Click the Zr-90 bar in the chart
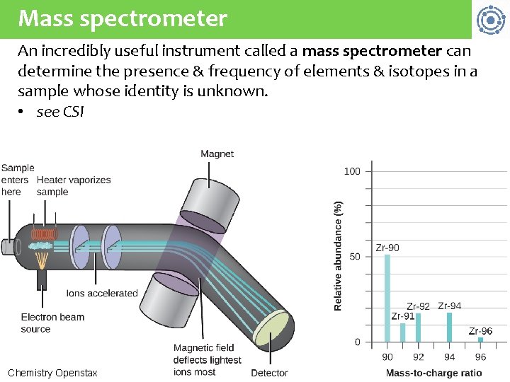tap(387, 298)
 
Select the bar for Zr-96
tap(480, 340)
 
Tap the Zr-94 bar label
tap(450, 306)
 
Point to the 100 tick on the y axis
tap(352, 171)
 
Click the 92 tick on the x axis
tap(419, 357)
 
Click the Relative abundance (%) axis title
tap(338, 255)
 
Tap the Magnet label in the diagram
tap(217, 154)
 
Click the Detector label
tap(269, 373)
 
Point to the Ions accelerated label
tap(102, 293)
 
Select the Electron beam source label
tap(52, 323)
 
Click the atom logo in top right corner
tap(489, 20)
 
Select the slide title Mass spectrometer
tap(123, 18)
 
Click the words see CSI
tap(60, 112)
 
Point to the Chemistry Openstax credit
tap(52, 373)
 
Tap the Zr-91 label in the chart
tap(403, 316)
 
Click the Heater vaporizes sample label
tap(74, 186)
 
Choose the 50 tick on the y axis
tap(355, 257)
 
